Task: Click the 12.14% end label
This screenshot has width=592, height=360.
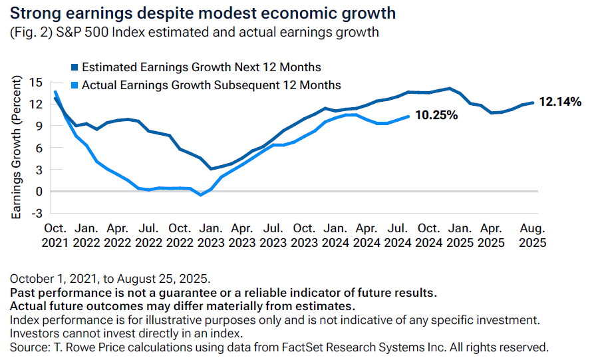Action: [560, 102]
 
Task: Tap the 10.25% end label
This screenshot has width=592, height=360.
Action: [436, 115]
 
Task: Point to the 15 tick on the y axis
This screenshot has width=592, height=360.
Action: [37, 82]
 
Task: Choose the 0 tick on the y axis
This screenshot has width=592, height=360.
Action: [39, 191]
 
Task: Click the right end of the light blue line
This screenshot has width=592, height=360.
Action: [408, 116]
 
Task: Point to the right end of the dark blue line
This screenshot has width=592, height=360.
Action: [533, 102]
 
